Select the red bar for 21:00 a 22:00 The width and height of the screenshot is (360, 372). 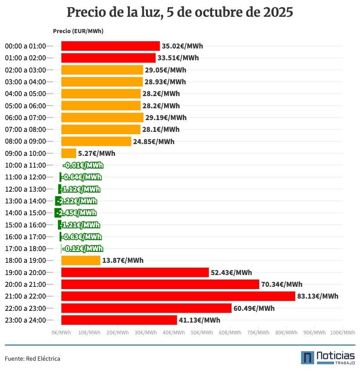178,296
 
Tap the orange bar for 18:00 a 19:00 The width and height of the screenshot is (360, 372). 81,261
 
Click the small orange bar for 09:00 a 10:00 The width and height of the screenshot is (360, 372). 69,153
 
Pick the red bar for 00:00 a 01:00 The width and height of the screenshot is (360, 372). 110,46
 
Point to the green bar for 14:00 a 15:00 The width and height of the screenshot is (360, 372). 58,213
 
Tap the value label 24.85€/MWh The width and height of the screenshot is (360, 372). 154,141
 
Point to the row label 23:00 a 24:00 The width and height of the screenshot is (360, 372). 25,320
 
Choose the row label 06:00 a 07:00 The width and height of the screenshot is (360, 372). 25,117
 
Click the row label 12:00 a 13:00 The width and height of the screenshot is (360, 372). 25,189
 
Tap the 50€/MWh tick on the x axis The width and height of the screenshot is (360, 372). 202,333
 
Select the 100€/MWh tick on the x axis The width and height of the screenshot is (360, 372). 342,333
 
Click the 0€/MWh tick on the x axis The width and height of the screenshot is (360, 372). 61,333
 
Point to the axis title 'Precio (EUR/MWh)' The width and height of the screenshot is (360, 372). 78,31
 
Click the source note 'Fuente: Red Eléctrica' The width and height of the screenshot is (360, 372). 33,358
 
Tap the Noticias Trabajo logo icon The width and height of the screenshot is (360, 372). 307,358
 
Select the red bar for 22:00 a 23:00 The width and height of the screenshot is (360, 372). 146,308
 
